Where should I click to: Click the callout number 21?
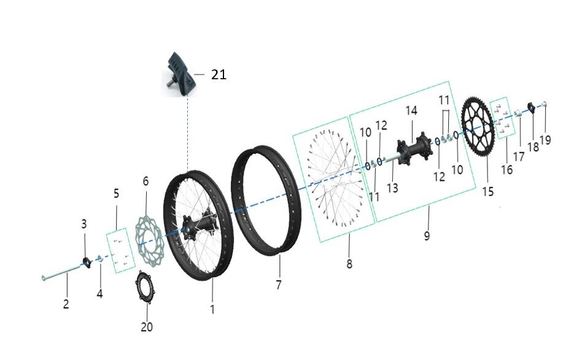[x=219, y=75]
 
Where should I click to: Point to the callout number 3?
[x=85, y=224]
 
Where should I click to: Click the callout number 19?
[x=545, y=139]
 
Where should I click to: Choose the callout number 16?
[x=506, y=169]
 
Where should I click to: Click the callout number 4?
[x=99, y=294]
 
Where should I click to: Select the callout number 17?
[x=519, y=156]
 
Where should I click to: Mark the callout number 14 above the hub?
[x=411, y=111]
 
